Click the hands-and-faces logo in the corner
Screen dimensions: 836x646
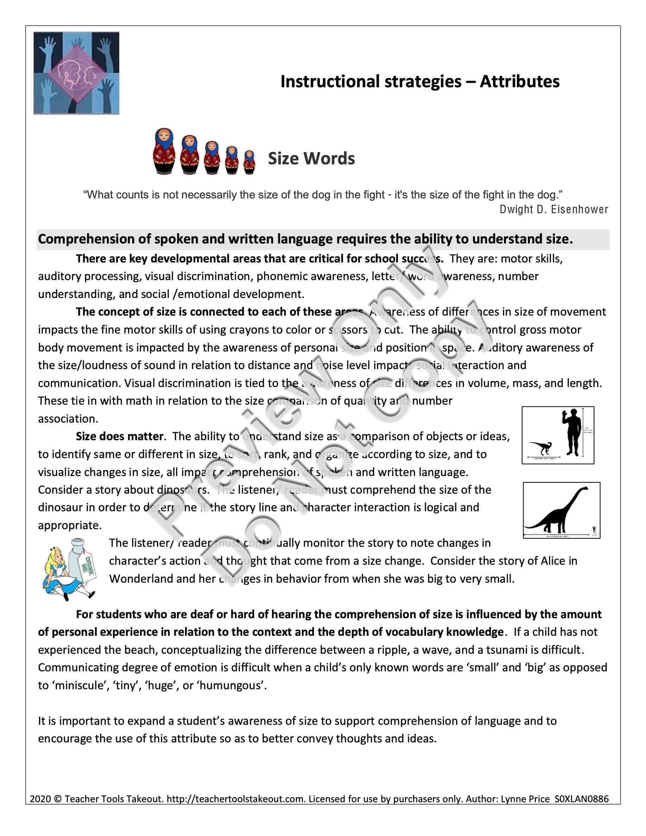pos(76,73)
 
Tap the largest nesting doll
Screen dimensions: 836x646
pos(164,151)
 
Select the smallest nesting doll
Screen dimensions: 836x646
pos(249,162)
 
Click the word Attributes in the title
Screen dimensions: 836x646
pos(519,82)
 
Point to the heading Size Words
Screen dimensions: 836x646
pos(311,158)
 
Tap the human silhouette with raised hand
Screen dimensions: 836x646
pos(572,432)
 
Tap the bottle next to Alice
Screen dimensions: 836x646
pos(85,558)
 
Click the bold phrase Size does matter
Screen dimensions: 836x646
pos(119,436)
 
